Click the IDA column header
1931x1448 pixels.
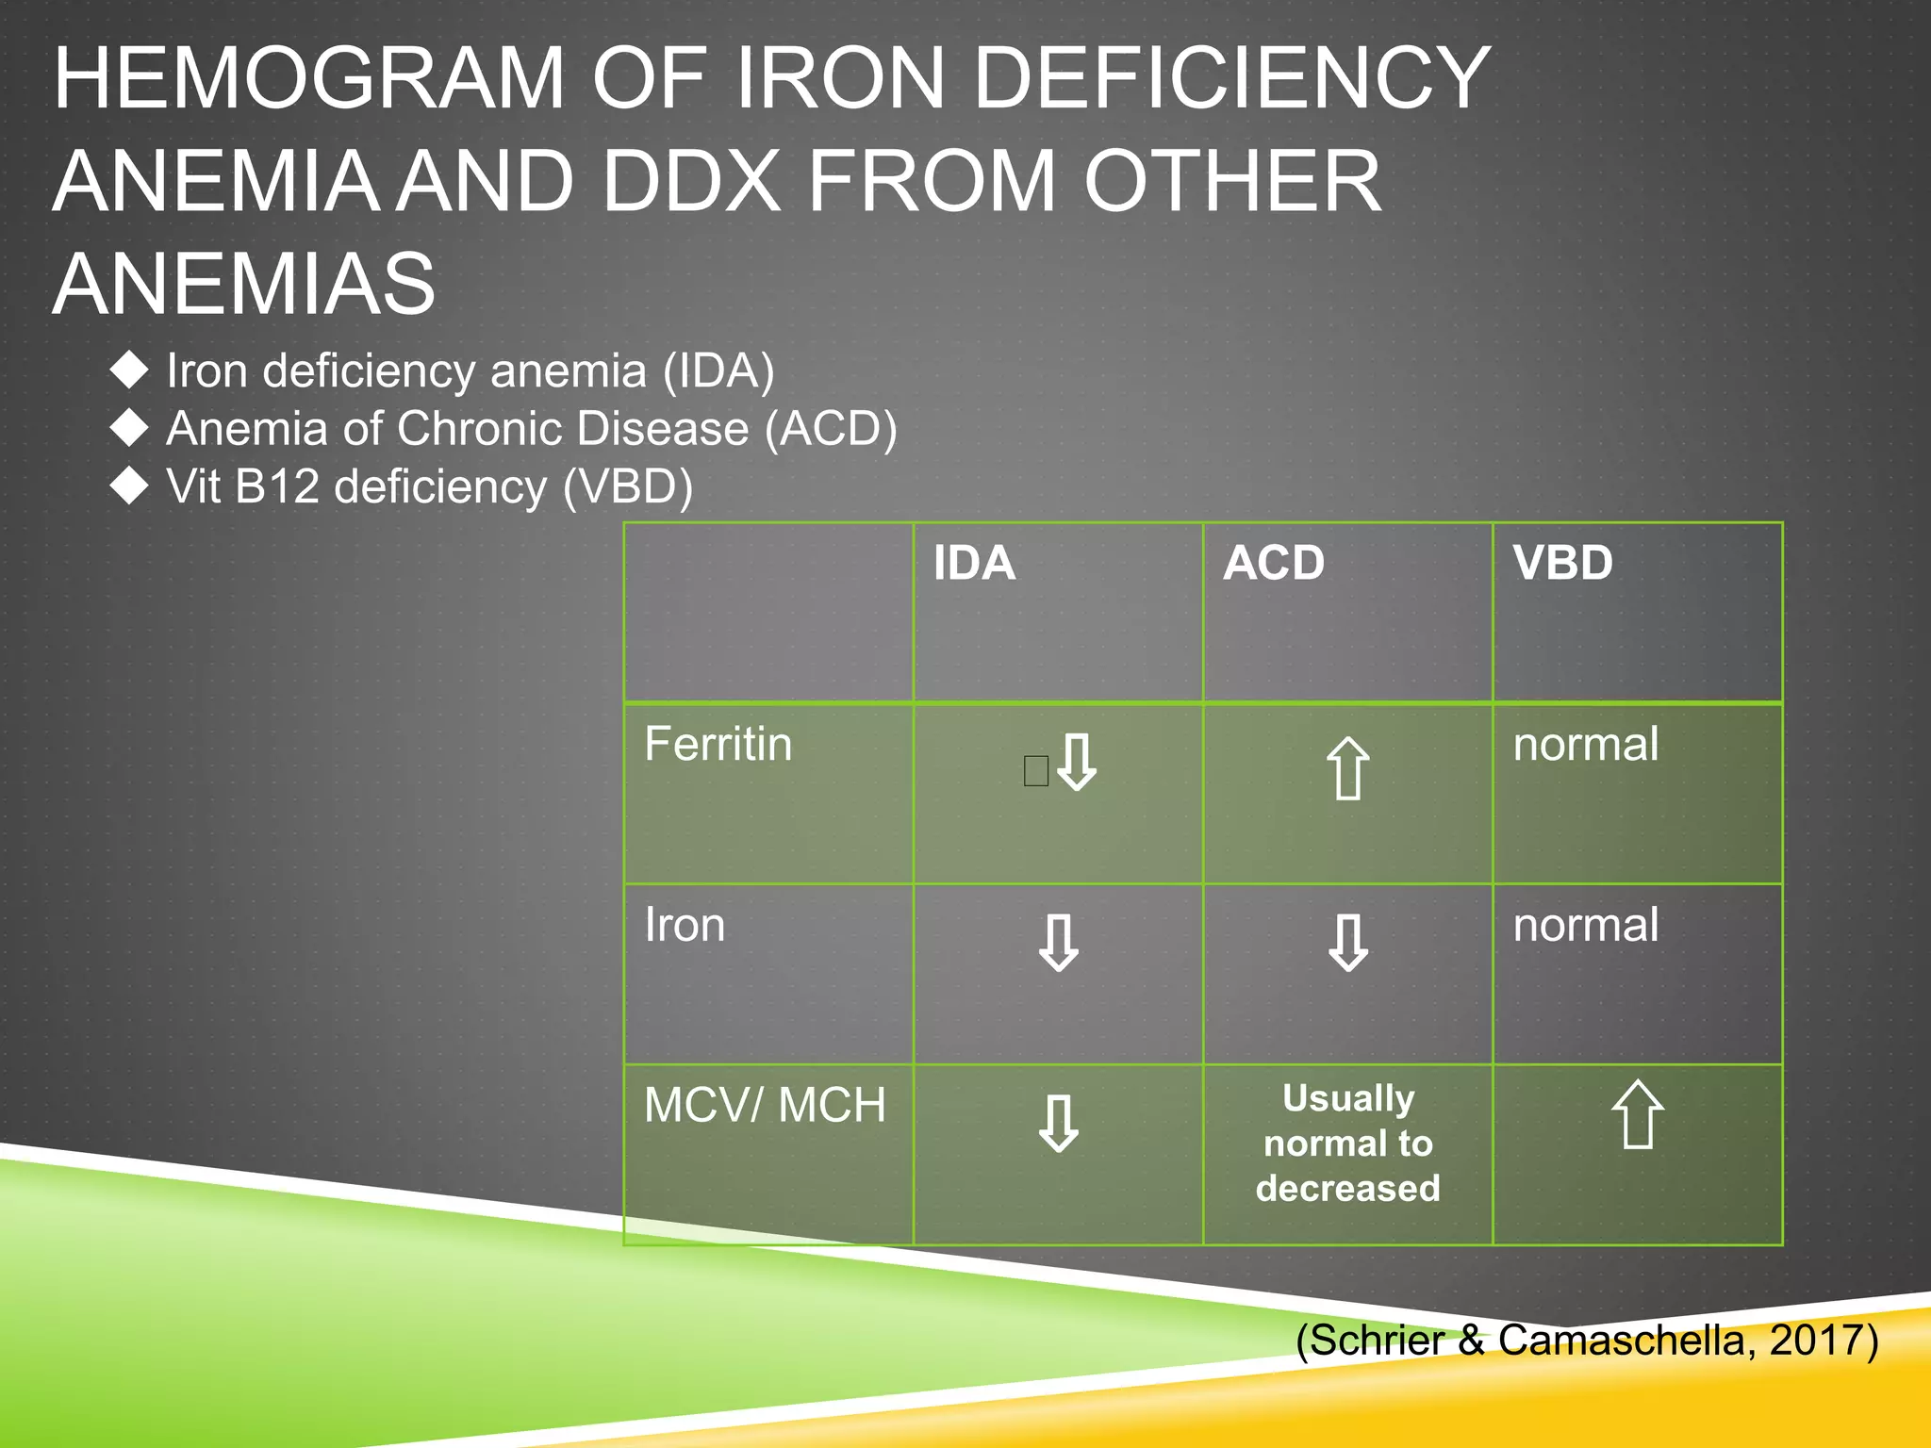coord(974,564)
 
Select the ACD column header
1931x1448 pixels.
coord(1273,564)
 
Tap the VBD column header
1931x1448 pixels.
coord(1562,564)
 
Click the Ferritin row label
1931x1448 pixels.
coord(718,745)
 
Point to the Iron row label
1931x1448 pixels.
coord(685,926)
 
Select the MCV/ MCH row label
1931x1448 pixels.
coord(765,1106)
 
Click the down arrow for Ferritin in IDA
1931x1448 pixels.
coord(1077,762)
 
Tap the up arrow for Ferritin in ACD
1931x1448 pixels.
coord(1347,768)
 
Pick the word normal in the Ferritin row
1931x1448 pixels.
coord(1586,745)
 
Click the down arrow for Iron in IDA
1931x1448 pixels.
coord(1058,943)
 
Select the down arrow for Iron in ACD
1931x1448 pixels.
coord(1347,943)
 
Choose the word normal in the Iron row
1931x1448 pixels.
coord(1586,926)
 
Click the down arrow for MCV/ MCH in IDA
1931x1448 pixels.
coord(1058,1124)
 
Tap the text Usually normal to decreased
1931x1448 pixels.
coord(1347,1144)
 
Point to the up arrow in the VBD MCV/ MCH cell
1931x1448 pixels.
coord(1638,1114)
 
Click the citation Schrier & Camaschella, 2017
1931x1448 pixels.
coord(1587,1340)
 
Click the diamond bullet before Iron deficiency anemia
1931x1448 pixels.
coord(129,370)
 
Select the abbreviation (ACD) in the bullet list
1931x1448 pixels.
coord(831,429)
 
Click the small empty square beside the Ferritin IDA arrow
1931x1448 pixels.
coord(1035,771)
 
